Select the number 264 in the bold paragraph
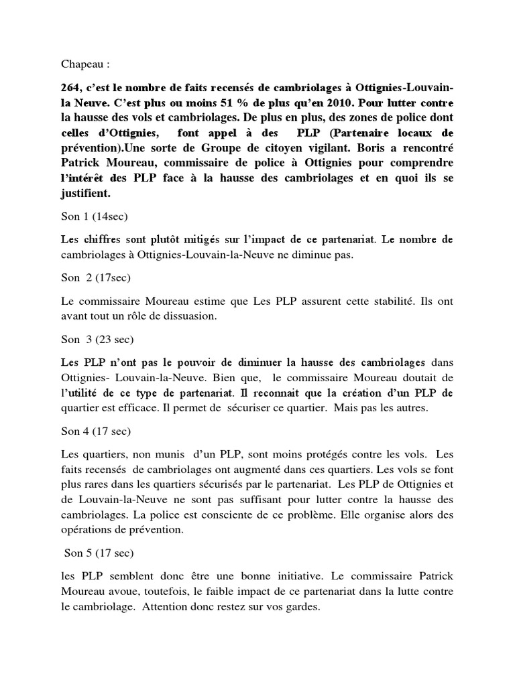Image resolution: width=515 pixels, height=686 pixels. coord(72,89)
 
